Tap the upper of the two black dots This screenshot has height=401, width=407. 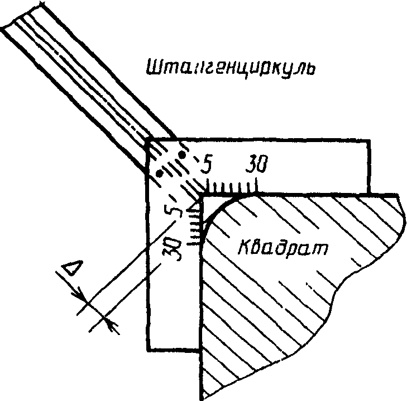pos(183,154)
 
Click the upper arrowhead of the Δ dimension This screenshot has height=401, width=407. pos(82,295)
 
